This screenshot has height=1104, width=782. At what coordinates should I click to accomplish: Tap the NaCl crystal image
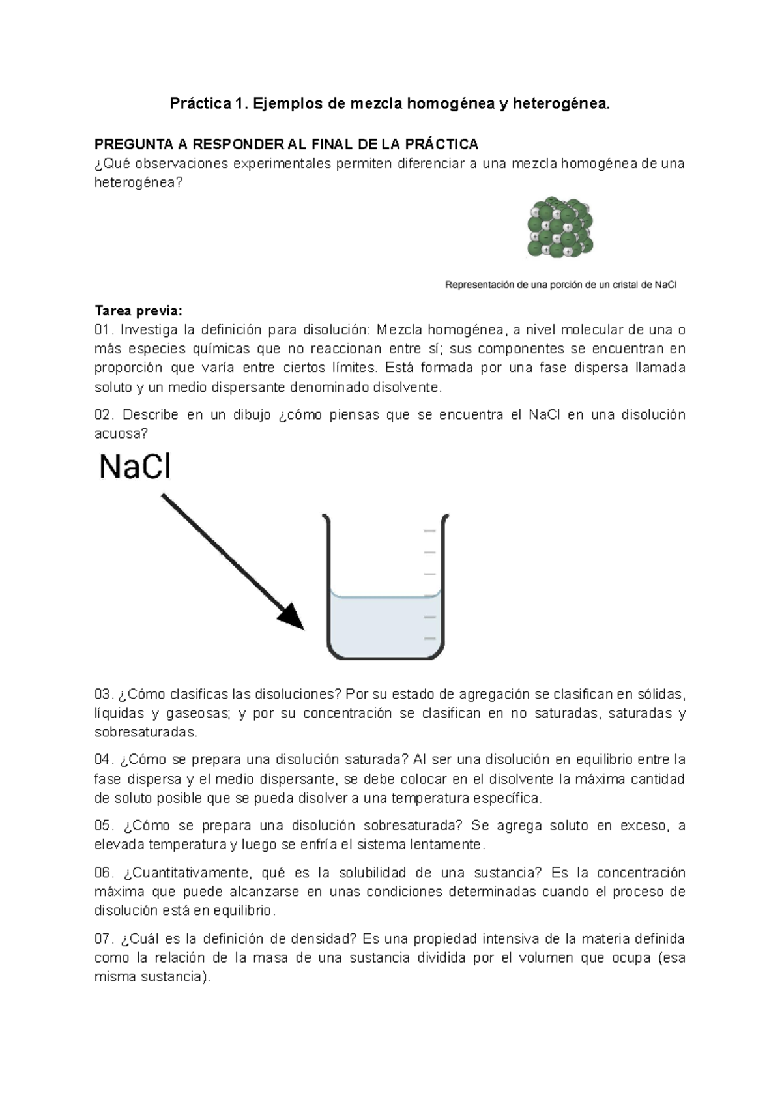(560, 228)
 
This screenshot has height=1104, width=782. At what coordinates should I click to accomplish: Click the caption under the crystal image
(560, 285)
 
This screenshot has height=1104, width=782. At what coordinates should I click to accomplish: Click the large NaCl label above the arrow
(135, 467)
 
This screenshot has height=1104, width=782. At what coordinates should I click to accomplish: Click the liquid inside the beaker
(384, 626)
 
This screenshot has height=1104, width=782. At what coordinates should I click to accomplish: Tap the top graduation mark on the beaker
(429, 531)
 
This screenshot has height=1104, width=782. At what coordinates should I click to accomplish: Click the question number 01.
(104, 329)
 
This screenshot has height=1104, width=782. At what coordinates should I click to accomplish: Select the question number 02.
(104, 414)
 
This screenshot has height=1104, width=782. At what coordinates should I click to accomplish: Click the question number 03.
(104, 694)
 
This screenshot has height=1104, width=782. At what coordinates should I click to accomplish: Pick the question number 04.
(104, 760)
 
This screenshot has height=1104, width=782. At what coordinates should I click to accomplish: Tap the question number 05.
(104, 826)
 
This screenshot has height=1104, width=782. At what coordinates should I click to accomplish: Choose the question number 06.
(104, 873)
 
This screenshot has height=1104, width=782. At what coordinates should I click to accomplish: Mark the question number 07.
(104, 939)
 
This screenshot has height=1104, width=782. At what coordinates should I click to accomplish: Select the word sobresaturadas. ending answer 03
(145, 732)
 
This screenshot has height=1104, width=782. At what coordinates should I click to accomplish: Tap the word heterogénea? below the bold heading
(139, 182)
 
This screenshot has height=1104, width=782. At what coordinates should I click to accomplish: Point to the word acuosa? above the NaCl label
(121, 433)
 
